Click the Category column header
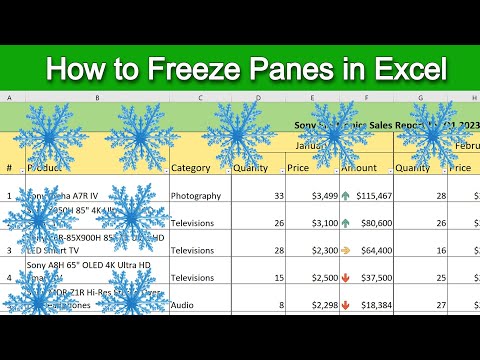click(x=190, y=168)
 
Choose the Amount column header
click(x=361, y=168)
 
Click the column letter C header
click(x=201, y=98)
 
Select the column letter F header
click(x=368, y=98)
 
